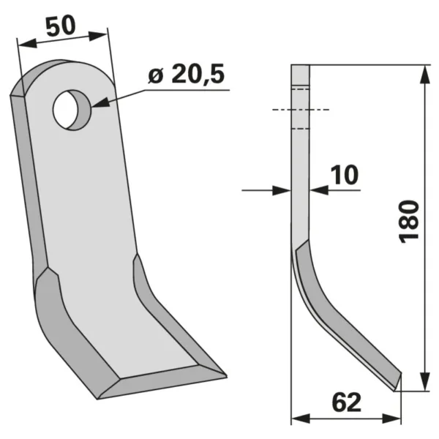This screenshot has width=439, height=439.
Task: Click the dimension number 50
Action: tap(61, 26)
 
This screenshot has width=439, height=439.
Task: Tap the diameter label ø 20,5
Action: tap(187, 74)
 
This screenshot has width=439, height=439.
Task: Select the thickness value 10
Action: tap(345, 175)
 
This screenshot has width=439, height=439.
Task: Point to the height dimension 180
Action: tap(410, 222)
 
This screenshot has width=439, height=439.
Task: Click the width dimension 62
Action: tap(347, 402)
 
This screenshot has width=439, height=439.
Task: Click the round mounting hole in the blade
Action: tap(72, 110)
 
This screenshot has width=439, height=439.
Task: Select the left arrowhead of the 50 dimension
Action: tap(27, 43)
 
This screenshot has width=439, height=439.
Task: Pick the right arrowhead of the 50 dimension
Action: tap(98, 36)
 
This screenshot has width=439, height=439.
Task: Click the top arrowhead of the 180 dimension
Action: tap(425, 74)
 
